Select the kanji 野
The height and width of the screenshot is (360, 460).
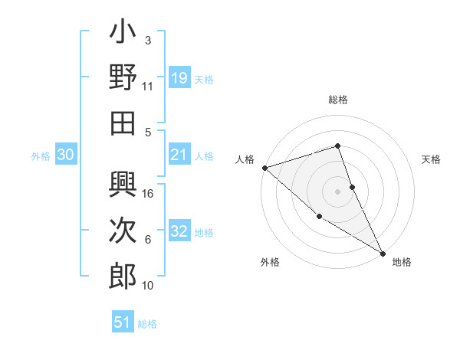(x=123, y=77)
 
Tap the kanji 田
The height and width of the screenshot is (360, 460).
(x=123, y=123)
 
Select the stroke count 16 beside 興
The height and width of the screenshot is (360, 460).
(x=149, y=194)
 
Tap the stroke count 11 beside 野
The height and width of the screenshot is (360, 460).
(x=148, y=87)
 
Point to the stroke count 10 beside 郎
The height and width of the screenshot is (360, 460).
(x=148, y=286)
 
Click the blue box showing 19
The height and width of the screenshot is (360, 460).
(x=179, y=78)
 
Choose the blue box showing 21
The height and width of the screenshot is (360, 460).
(x=179, y=155)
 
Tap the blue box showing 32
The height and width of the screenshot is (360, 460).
(x=179, y=232)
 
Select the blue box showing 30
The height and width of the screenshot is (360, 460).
(x=66, y=155)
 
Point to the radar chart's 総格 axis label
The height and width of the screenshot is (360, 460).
(x=338, y=100)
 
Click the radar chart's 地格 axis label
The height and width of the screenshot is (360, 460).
(x=402, y=262)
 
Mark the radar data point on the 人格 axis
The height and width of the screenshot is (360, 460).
(x=264, y=167)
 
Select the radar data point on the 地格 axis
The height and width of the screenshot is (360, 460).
(x=383, y=253)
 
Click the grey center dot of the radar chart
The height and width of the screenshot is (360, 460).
(x=338, y=191)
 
